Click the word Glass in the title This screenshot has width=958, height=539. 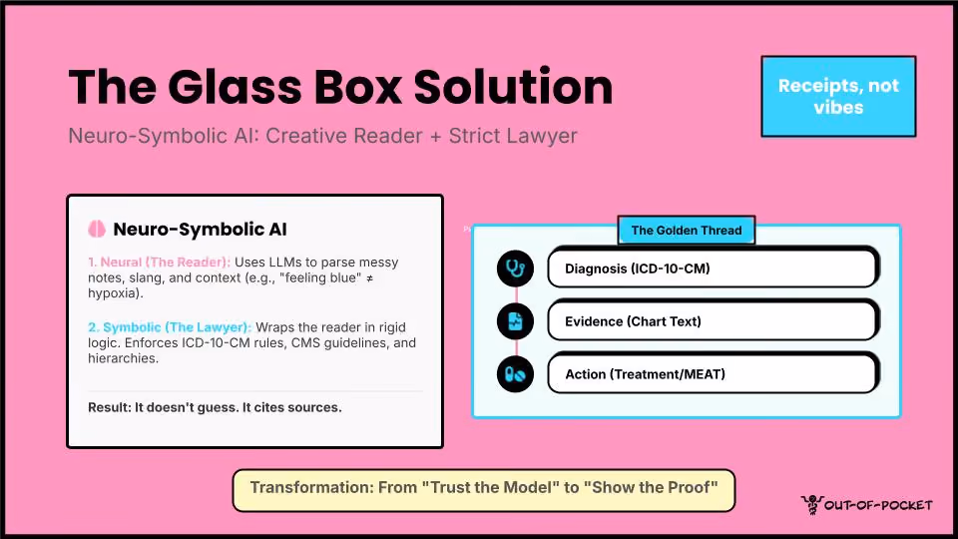(x=234, y=87)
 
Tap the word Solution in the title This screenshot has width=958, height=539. (x=513, y=87)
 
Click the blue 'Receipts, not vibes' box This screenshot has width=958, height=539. (x=838, y=97)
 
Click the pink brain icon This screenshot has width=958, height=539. (x=97, y=230)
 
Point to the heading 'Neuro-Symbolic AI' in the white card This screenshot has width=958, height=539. (x=200, y=230)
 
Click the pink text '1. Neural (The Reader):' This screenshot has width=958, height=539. (x=159, y=263)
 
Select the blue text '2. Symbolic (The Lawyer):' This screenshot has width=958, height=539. (x=170, y=327)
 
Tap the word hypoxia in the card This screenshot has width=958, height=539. (x=114, y=293)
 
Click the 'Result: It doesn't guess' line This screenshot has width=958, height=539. (x=215, y=407)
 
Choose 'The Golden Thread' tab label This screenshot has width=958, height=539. (x=687, y=231)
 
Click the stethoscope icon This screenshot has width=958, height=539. (x=515, y=269)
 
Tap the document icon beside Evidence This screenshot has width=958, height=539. (x=515, y=321)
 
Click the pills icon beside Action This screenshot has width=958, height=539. (x=515, y=374)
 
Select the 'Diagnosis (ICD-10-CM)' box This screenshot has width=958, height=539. (x=713, y=268)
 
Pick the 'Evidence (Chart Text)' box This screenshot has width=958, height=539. (x=713, y=320)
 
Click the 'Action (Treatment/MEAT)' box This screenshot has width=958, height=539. (x=713, y=373)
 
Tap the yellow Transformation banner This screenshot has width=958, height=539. (x=484, y=490)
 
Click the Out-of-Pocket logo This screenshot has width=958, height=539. (x=867, y=505)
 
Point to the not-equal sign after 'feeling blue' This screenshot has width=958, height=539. (x=369, y=278)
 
